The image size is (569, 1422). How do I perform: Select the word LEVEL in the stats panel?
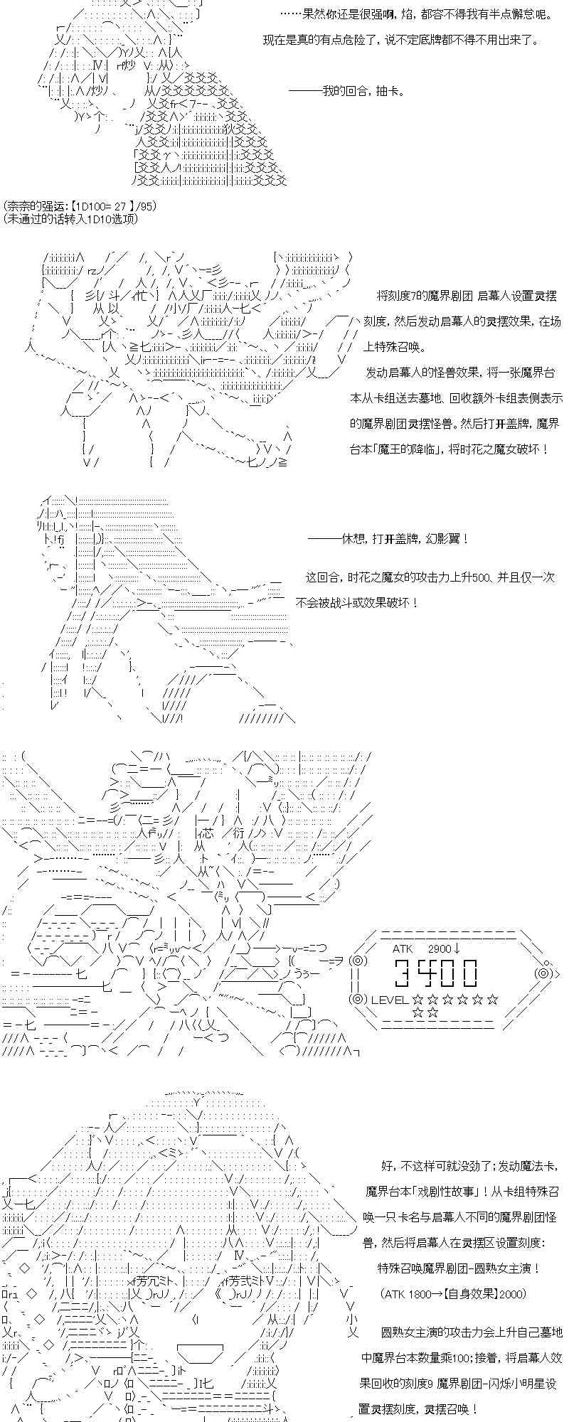[x=390, y=999]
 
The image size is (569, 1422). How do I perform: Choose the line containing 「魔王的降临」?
[x=449, y=449]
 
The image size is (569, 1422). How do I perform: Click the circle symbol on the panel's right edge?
[x=544, y=973]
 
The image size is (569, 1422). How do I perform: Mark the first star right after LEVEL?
[x=417, y=999]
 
